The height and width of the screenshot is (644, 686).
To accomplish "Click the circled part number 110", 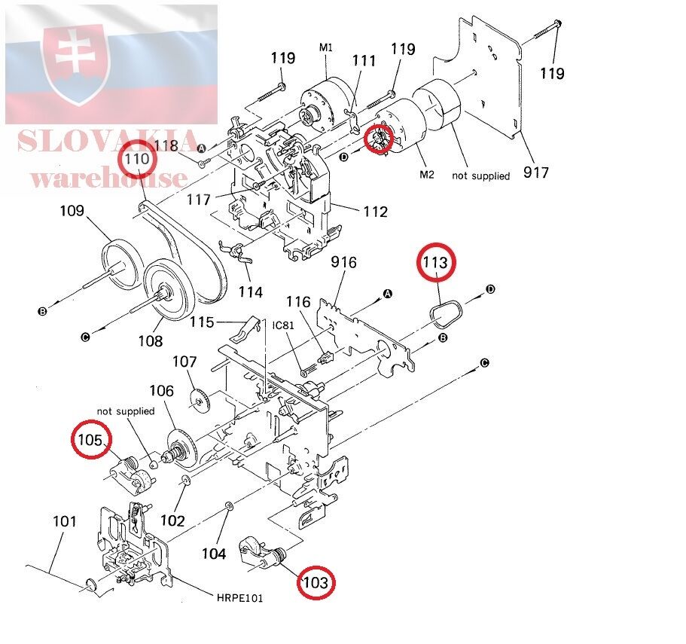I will [138, 160].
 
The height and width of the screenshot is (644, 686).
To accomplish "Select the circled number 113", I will [438, 262].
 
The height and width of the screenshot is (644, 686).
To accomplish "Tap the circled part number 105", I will [90, 440].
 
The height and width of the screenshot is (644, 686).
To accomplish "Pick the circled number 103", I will [316, 581].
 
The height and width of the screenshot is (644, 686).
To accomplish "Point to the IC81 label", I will [283, 325].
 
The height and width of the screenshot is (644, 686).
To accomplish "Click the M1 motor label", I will [326, 47].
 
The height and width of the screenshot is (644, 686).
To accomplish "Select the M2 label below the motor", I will [427, 175].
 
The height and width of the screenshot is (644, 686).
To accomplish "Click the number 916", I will [343, 262].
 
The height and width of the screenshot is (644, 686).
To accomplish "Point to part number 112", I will [374, 212].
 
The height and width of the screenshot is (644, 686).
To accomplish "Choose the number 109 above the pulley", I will [72, 210].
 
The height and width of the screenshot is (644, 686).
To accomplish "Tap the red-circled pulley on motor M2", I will [380, 139].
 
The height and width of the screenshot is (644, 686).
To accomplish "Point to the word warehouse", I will [108, 178].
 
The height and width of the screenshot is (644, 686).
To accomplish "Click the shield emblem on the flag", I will [75, 64].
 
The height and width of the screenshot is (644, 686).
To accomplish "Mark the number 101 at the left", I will [65, 520].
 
